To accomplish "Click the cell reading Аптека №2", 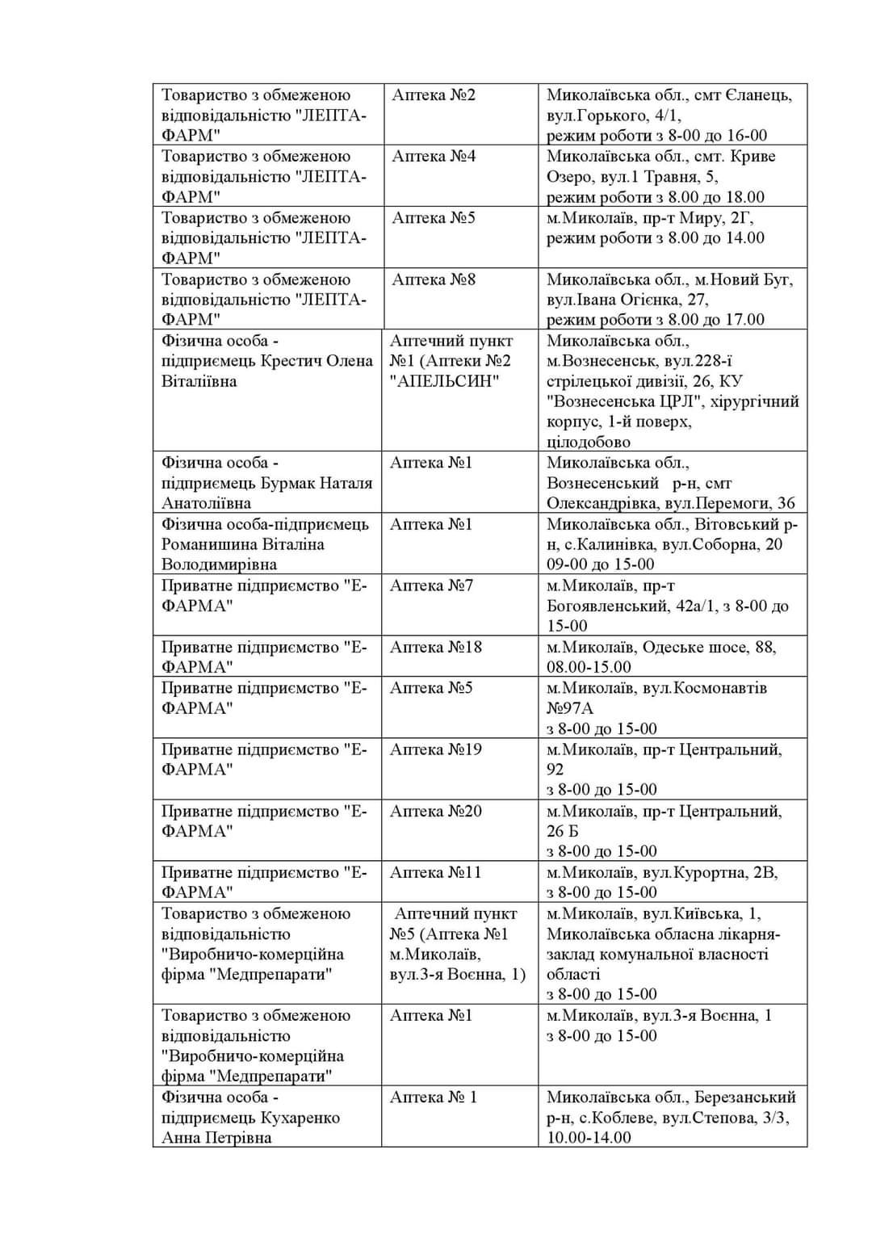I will [434, 95].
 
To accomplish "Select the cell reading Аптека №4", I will [434, 157].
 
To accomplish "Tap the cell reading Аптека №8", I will [434, 279].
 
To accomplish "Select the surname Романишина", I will [212, 544].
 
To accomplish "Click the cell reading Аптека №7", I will [431, 586].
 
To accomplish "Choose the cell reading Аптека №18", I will [435, 647].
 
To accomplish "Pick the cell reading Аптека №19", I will [435, 749].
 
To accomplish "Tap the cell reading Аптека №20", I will [435, 811].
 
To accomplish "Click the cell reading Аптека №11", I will [435, 872].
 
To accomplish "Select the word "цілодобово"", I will [589, 442].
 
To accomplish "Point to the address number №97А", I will [570, 708].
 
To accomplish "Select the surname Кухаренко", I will [300, 1118].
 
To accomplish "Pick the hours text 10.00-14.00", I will [589, 1137].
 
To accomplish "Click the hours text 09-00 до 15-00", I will [600, 565].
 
